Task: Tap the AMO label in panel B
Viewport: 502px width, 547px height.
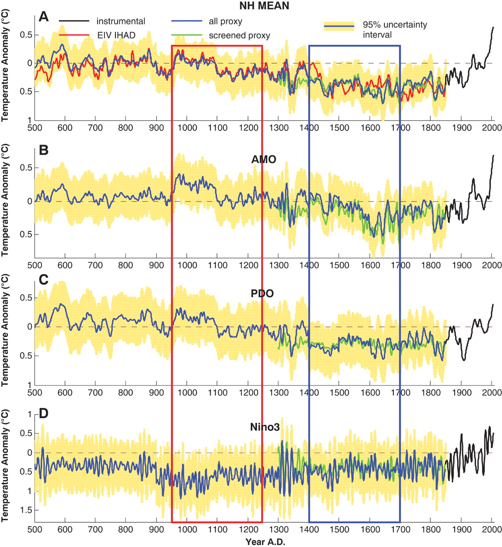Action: [264, 160]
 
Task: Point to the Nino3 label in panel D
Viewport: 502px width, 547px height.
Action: [265, 426]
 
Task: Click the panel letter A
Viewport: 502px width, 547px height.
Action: [44, 17]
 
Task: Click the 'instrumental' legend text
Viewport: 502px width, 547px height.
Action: [121, 21]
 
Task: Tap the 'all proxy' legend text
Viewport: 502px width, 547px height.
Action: [226, 21]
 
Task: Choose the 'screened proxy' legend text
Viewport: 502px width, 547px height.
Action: [239, 35]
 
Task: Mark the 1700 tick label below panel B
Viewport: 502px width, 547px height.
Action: [400, 265]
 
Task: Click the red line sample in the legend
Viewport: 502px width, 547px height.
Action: [74, 35]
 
